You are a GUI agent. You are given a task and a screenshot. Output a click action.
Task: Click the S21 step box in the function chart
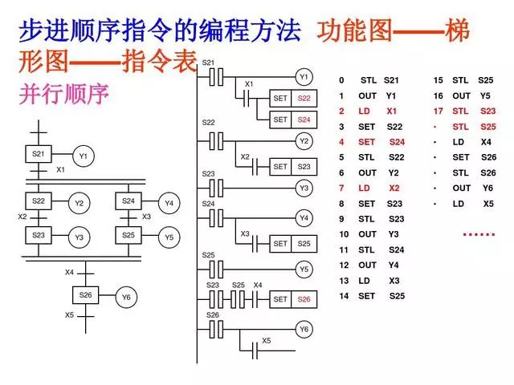[39, 153]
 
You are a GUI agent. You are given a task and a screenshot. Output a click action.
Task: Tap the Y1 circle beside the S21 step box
[83, 156]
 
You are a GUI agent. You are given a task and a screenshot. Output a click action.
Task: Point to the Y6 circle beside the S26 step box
[126, 297]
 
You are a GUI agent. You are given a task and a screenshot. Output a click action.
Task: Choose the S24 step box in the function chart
[128, 201]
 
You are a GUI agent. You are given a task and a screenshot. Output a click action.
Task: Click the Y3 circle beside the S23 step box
[79, 237]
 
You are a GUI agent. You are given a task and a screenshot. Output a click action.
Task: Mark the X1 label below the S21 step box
[60, 170]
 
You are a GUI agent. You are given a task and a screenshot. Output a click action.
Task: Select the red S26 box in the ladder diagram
[304, 299]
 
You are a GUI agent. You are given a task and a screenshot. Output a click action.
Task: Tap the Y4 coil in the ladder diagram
[304, 217]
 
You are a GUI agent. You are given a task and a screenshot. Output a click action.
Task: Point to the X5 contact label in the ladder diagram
[267, 340]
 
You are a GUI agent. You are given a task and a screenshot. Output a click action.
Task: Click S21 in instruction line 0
[391, 80]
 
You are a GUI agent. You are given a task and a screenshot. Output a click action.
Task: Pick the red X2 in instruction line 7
[393, 188]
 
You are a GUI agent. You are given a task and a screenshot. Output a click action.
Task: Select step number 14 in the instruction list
[344, 296]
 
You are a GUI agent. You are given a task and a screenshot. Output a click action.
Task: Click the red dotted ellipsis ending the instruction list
[479, 234]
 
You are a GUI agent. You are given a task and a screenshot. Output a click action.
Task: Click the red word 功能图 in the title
[354, 32]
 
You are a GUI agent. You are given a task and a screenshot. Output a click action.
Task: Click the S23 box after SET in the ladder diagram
[304, 167]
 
